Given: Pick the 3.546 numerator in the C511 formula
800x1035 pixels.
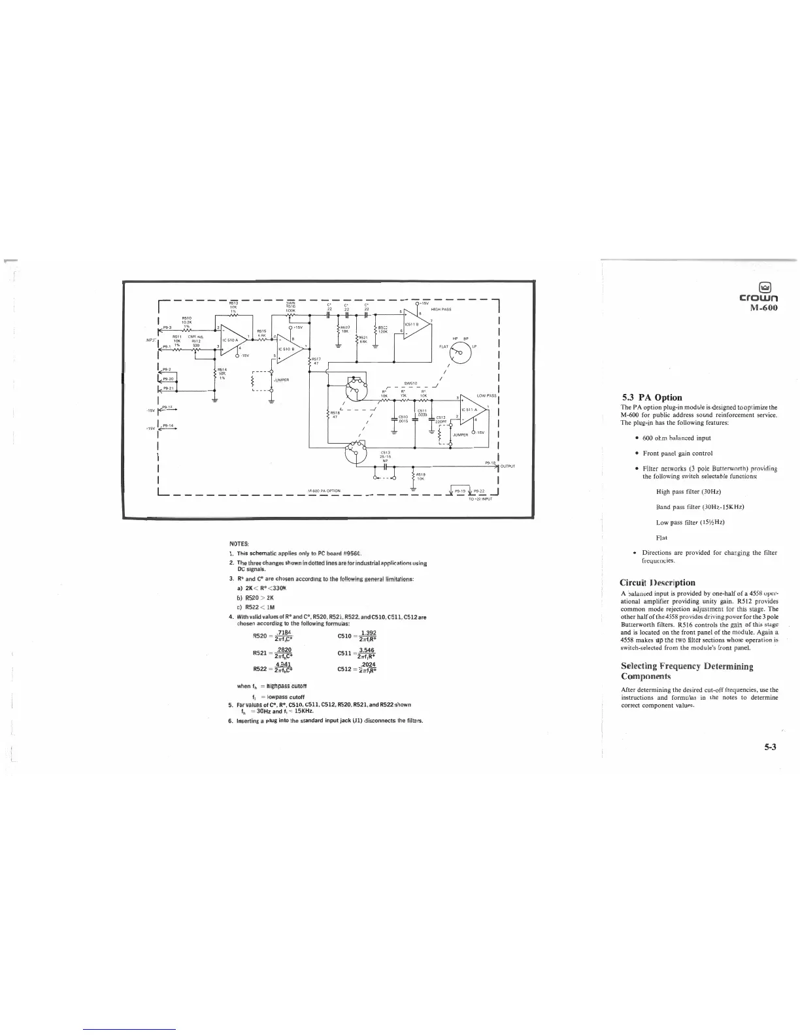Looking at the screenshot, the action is [367, 650].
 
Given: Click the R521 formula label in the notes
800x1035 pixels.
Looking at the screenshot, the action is [261, 653].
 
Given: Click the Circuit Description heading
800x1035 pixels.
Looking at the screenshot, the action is [658, 582].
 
